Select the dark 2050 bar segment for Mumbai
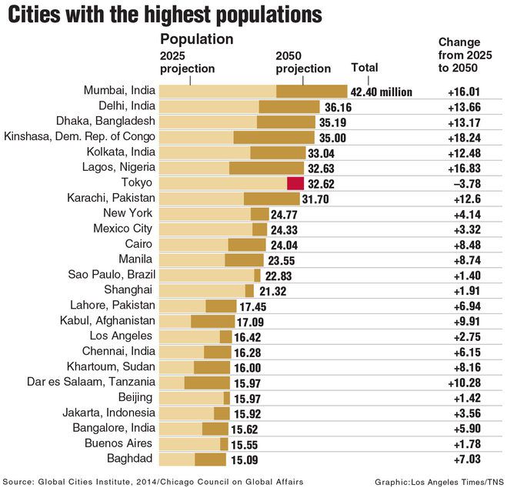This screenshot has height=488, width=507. click(x=312, y=91)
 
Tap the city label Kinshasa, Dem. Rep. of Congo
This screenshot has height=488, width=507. click(x=80, y=136)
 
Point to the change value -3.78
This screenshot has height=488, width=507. click(x=465, y=183)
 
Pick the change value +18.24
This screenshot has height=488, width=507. click(x=465, y=137)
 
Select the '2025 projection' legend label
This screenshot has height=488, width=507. click(x=187, y=62)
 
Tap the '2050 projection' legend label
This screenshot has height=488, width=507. click(x=303, y=62)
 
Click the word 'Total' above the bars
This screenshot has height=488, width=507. click(x=365, y=67)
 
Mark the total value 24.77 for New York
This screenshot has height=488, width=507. click(x=288, y=214)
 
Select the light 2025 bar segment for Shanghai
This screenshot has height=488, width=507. click(x=202, y=290)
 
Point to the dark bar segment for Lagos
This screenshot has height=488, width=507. click(x=266, y=168)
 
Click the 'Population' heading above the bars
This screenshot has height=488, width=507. click(x=196, y=39)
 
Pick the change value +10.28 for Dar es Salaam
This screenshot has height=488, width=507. click(x=465, y=383)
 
